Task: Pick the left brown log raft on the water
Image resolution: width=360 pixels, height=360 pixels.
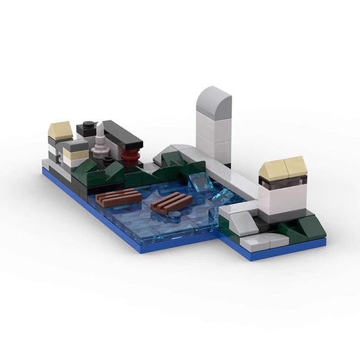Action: pos(118,198)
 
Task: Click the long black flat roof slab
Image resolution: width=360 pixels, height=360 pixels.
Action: pos(122,136)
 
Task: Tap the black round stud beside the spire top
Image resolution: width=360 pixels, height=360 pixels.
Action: pos(88,126)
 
